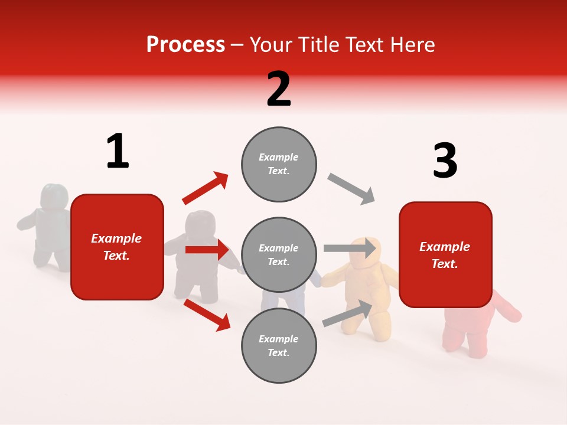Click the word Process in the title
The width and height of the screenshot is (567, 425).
click(x=185, y=45)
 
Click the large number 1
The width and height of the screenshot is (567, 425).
click(x=118, y=151)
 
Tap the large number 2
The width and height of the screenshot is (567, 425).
click(x=279, y=89)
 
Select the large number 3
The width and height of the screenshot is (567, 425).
click(x=445, y=161)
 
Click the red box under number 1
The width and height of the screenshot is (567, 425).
click(x=117, y=247)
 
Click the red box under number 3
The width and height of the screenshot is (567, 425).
click(x=445, y=254)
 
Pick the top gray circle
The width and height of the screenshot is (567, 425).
click(x=279, y=164)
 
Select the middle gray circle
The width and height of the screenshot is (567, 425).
click(x=279, y=254)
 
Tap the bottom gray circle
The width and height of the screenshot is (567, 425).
click(x=279, y=345)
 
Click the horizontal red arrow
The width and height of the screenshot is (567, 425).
click(x=207, y=250)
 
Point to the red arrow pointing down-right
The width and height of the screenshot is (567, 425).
click(x=207, y=314)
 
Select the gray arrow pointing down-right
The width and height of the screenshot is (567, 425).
click(x=351, y=189)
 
